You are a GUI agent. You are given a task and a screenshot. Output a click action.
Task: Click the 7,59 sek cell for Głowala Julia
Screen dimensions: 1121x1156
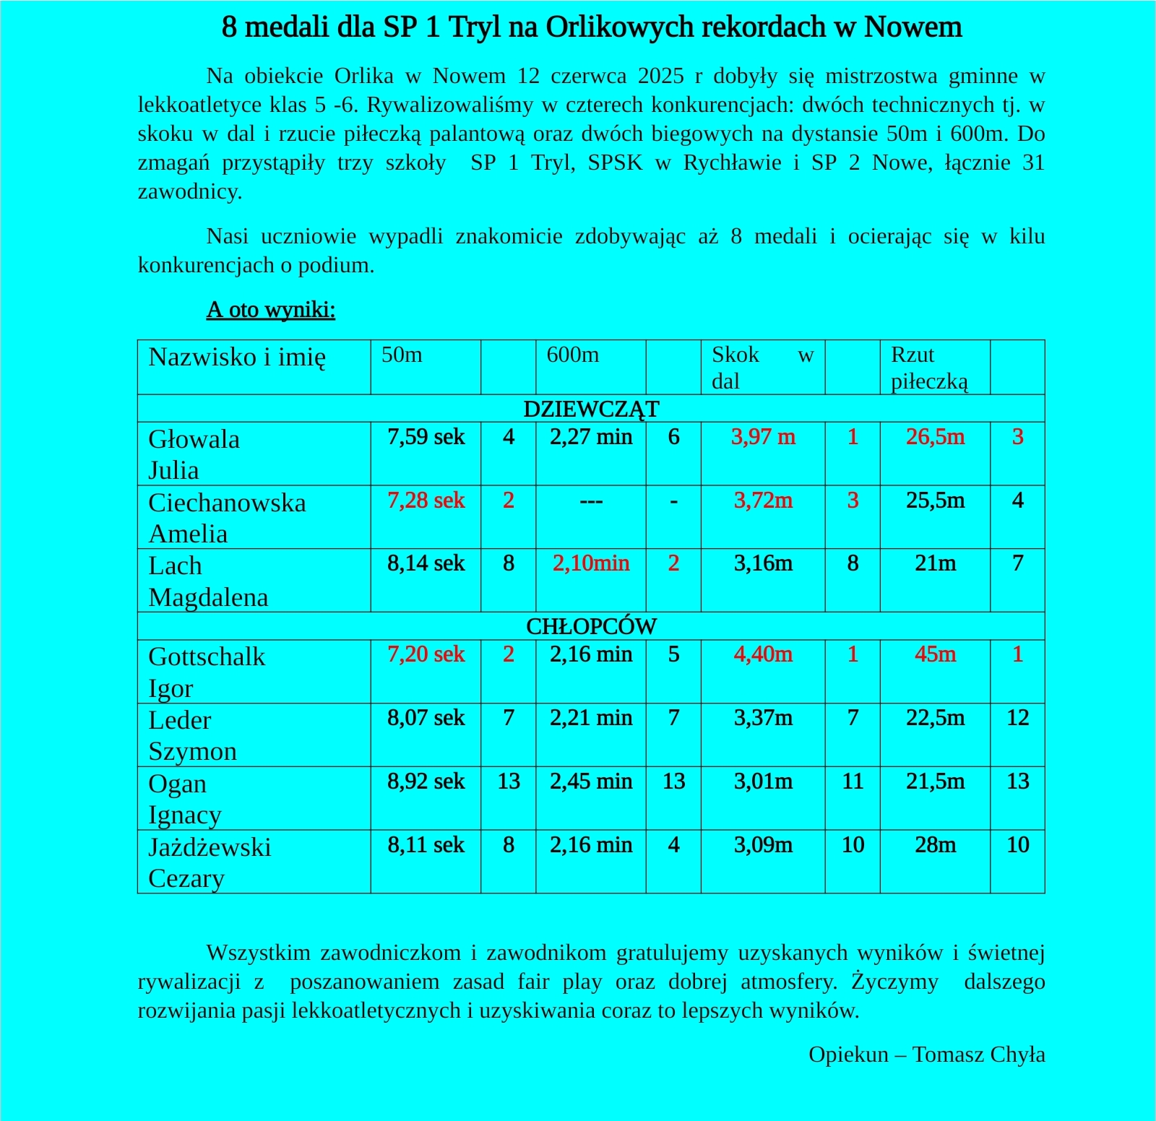pyautogui.click(x=426, y=437)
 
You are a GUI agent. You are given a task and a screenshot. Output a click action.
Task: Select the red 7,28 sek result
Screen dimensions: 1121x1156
pyautogui.click(x=426, y=501)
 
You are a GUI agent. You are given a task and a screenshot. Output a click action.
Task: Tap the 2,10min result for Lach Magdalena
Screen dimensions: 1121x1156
pyautogui.click(x=590, y=563)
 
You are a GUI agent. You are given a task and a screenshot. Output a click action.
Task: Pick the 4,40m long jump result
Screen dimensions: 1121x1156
pyautogui.click(x=763, y=654)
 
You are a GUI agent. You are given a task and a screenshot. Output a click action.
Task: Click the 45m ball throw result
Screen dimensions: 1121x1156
pyautogui.click(x=935, y=654)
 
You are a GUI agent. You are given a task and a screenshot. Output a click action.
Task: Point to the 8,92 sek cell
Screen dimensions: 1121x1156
pyautogui.click(x=426, y=782)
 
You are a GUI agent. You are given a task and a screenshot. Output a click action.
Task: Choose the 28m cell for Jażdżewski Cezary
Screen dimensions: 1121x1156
pyautogui.click(x=935, y=845)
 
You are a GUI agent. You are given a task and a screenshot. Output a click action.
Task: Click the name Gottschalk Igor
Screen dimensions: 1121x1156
pyautogui.click(x=207, y=672)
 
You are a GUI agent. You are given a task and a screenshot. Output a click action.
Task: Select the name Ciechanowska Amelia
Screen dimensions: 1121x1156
pyautogui.click(x=227, y=518)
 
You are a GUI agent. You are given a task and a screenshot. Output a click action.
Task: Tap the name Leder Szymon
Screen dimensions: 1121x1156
pyautogui.click(x=192, y=735)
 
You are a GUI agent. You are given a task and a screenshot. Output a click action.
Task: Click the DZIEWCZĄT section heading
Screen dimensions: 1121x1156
pyautogui.click(x=591, y=410)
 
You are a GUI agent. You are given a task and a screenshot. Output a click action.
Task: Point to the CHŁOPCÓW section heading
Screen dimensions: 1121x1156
pyautogui.click(x=591, y=626)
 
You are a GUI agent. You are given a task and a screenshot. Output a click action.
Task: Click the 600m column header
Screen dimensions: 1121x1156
pyautogui.click(x=572, y=355)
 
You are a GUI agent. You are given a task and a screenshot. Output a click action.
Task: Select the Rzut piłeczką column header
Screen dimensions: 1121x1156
pyautogui.click(x=929, y=368)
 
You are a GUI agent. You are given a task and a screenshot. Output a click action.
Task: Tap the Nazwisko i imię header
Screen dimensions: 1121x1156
pyautogui.click(x=237, y=357)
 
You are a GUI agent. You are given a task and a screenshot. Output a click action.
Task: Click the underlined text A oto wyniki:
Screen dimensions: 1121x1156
pyautogui.click(x=271, y=309)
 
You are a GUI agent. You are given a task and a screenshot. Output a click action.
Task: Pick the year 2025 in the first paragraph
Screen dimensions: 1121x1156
pyautogui.click(x=660, y=76)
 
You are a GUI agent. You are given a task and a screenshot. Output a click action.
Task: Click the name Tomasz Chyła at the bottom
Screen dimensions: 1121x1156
pyautogui.click(x=978, y=1055)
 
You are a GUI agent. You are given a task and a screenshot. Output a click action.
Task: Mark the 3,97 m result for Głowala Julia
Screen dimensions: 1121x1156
pyautogui.click(x=763, y=437)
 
